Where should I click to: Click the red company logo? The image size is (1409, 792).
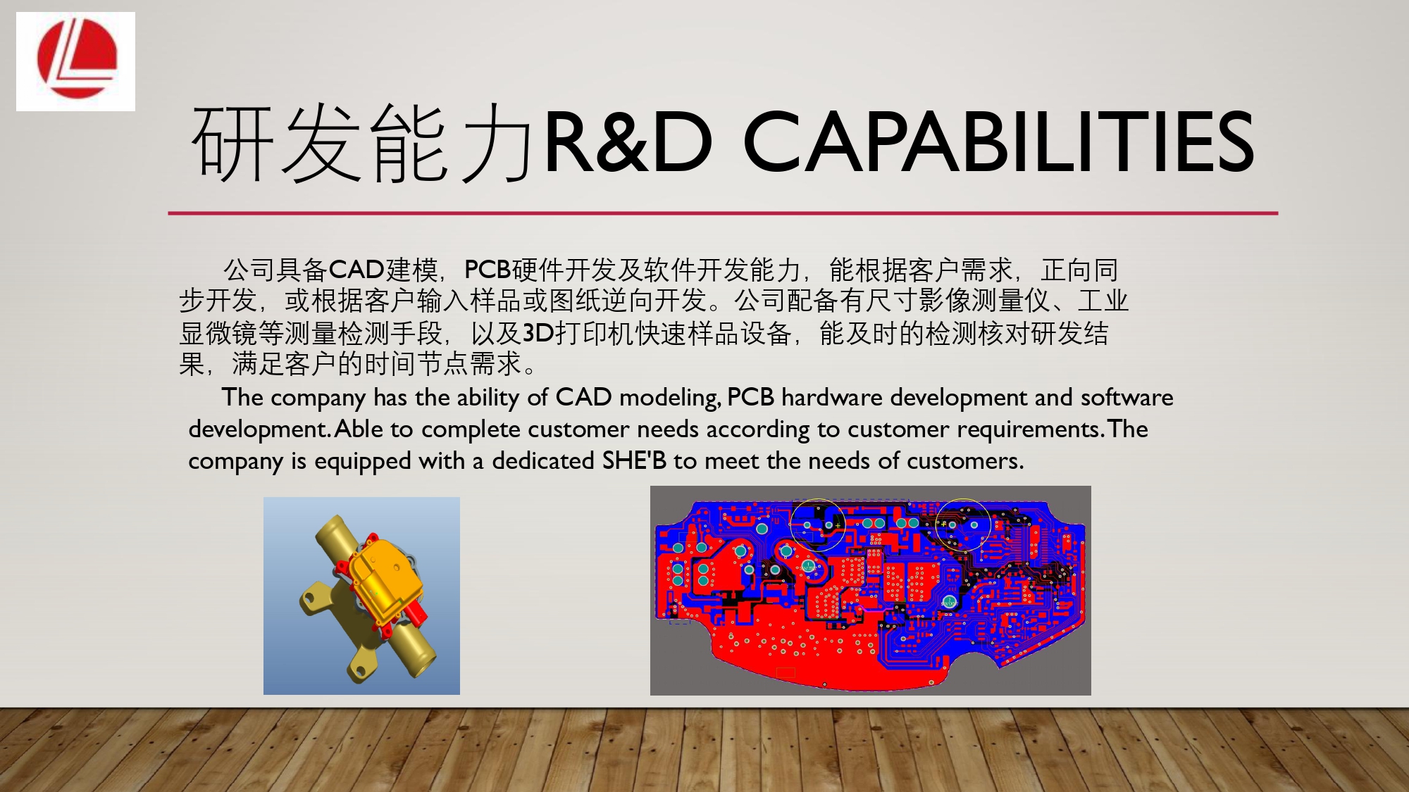(x=77, y=59)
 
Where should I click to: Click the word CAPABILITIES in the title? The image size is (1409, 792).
(x=998, y=142)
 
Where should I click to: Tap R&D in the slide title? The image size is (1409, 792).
(x=628, y=142)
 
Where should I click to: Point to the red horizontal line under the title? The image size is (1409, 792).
(x=723, y=213)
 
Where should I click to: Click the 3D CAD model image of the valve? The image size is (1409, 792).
(x=361, y=596)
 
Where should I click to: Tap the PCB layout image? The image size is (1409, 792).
(x=871, y=591)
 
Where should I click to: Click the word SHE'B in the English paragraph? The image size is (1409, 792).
(x=634, y=460)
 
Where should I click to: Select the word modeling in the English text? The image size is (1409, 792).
(x=670, y=398)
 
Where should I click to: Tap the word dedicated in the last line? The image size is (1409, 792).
(x=543, y=460)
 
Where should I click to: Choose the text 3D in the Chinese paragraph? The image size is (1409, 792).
(x=538, y=333)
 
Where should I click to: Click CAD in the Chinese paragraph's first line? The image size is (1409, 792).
(x=356, y=270)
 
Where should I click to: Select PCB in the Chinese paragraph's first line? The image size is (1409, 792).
(x=488, y=270)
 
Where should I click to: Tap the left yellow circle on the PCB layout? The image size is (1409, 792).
(x=817, y=525)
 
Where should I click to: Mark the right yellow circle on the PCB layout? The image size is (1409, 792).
(x=963, y=525)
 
